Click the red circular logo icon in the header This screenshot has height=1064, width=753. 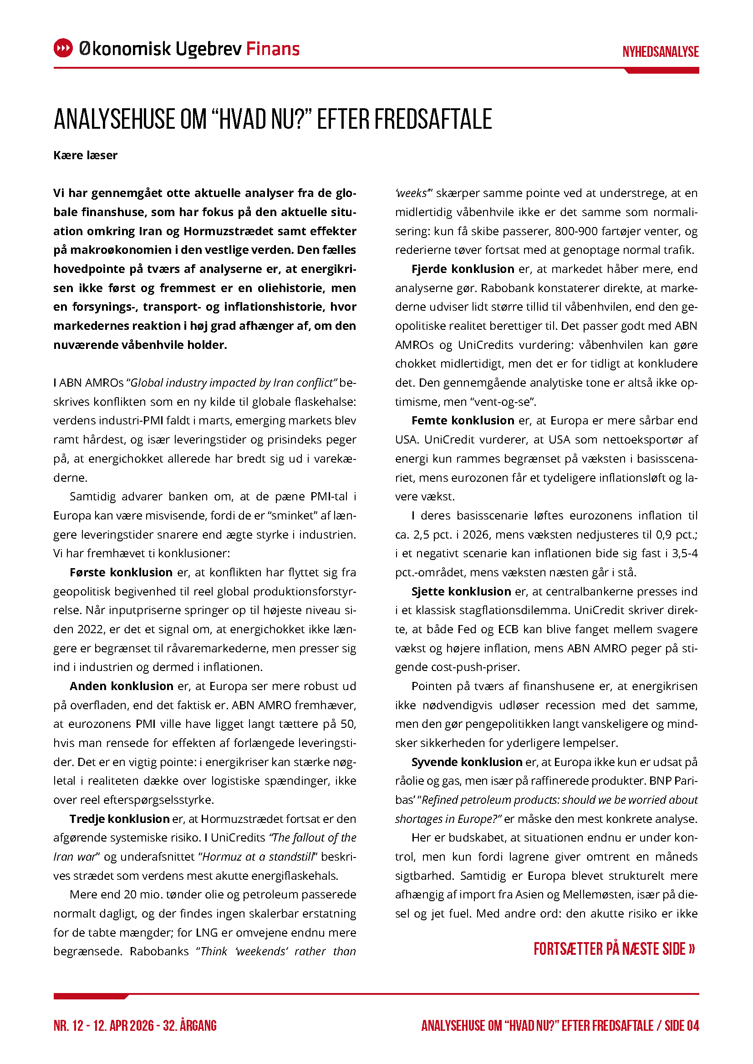point(63,48)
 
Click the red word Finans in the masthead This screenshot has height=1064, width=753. point(273,49)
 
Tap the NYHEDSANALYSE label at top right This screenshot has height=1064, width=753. point(660,51)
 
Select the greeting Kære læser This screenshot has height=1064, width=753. point(85,155)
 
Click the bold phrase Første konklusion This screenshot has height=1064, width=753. point(121,572)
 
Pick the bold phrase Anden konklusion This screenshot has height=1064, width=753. point(122,686)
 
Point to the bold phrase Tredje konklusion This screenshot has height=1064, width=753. point(120,819)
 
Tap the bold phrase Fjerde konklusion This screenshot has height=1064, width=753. point(463,269)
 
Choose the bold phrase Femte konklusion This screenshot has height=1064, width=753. point(463,420)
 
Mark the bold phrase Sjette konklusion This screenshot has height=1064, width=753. point(461,591)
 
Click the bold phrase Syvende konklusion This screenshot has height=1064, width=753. point(467,762)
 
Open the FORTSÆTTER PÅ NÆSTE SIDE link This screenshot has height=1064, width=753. point(614,948)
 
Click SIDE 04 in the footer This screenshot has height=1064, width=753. point(682,1026)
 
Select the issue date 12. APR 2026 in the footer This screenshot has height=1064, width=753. point(123,1026)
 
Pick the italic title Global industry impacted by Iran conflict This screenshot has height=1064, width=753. point(232,383)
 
